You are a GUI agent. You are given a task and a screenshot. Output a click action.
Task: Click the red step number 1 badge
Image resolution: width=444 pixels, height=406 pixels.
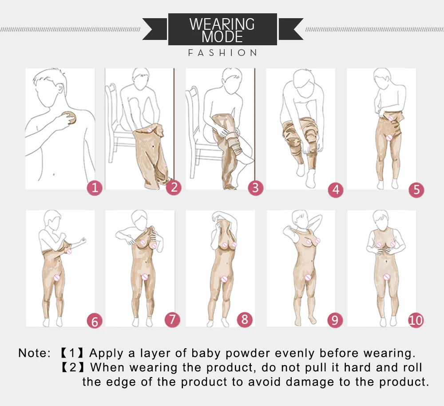[94, 188]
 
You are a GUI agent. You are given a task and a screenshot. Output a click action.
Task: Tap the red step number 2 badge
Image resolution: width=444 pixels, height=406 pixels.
[174, 188]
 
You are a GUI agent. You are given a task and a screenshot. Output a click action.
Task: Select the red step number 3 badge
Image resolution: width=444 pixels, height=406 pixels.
[255, 188]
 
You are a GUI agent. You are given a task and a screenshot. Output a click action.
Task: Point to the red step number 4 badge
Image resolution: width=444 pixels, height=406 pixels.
[336, 190]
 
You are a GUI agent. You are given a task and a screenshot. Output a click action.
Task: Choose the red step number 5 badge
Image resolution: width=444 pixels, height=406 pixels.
[416, 190]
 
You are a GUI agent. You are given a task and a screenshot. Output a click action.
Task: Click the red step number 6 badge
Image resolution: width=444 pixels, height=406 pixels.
[94, 320]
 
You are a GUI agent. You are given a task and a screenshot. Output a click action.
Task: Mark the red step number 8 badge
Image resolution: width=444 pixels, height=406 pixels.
[244, 319]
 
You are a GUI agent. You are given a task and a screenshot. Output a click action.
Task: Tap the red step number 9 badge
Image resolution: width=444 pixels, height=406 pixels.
[335, 319]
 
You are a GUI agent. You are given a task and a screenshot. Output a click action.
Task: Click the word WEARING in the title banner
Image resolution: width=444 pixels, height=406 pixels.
[222, 24]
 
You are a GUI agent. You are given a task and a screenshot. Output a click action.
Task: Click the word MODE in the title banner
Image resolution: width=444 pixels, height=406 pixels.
[222, 36]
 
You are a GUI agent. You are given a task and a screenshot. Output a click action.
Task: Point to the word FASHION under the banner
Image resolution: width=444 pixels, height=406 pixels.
[222, 53]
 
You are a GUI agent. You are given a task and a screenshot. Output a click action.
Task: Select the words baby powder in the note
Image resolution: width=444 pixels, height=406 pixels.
[231, 353]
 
